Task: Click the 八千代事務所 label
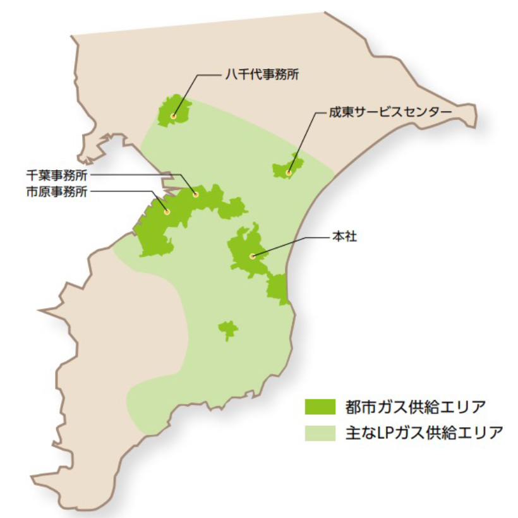[x=261, y=75]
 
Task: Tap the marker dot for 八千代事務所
[x=174, y=116]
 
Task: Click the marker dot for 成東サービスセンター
[x=289, y=172]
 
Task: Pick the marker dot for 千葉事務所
[x=196, y=195]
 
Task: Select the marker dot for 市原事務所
[x=167, y=212]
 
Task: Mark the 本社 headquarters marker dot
[x=252, y=256]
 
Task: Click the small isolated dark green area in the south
[x=227, y=329]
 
